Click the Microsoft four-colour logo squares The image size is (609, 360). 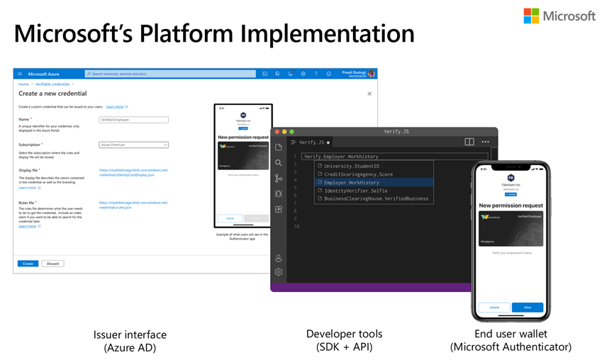point(532,16)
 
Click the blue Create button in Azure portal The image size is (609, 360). point(28,264)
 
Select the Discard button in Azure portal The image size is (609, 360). point(52,264)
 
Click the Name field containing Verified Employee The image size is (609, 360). point(133,120)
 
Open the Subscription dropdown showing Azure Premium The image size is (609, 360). point(133,145)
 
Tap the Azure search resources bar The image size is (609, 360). point(170,74)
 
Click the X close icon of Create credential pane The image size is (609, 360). point(369,94)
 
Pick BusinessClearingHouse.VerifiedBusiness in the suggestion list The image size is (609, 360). point(376,198)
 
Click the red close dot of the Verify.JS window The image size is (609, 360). point(276,132)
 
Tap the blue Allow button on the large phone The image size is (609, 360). point(527,308)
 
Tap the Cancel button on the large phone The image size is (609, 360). point(494,308)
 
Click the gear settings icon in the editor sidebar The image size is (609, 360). point(279,272)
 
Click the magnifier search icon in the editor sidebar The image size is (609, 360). point(279,163)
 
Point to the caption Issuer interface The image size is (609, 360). point(130,334)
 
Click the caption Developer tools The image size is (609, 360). point(344,334)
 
